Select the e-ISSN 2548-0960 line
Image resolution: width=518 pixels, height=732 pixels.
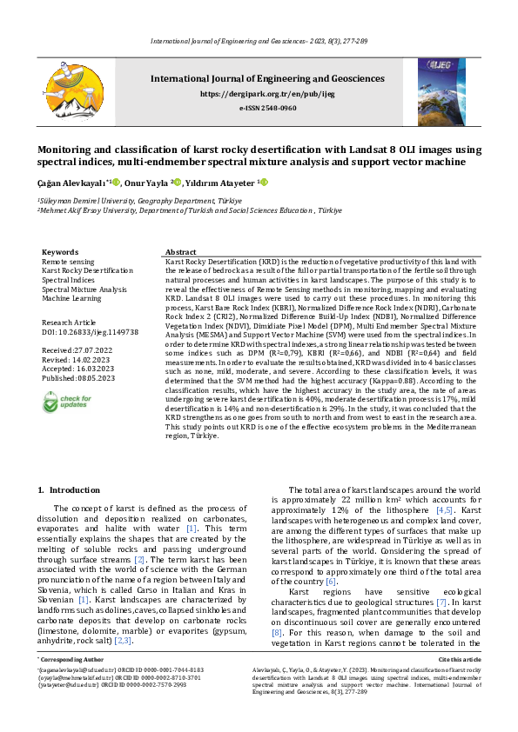(x=267, y=108)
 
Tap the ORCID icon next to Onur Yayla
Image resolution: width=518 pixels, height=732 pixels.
(x=178, y=183)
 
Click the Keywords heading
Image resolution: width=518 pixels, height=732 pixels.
(x=60, y=251)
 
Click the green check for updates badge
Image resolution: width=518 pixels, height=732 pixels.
(x=65, y=403)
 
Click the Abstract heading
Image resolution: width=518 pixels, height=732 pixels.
(x=180, y=251)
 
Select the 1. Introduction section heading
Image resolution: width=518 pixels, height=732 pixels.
(x=71, y=490)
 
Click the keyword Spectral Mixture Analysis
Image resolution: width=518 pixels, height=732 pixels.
(x=84, y=289)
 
